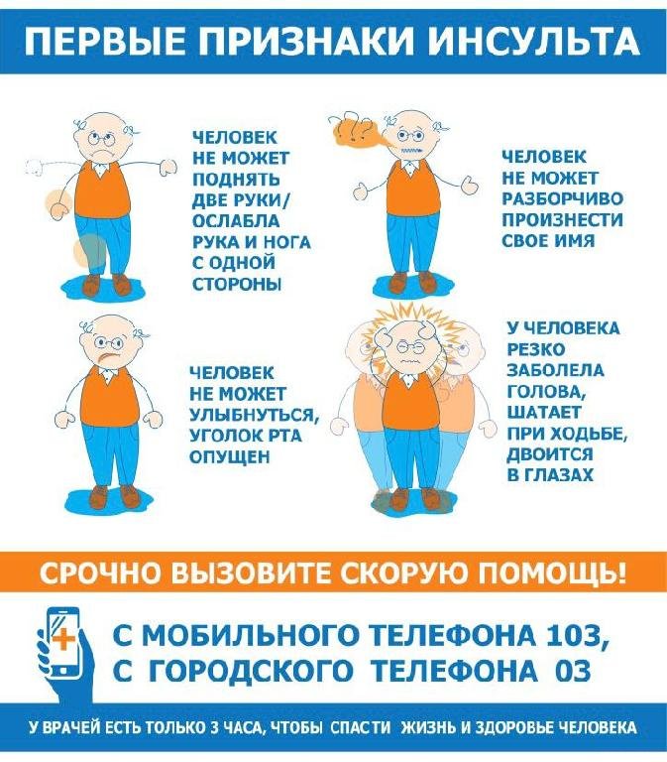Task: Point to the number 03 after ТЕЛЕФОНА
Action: click(572, 672)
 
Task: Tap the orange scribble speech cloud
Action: click(356, 132)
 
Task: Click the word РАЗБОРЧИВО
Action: click(562, 198)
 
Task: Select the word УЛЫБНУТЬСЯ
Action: click(254, 415)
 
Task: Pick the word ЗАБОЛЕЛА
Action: click(555, 370)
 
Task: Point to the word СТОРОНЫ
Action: click(237, 284)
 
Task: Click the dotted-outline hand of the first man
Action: click(35, 167)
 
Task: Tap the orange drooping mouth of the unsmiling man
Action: click(107, 358)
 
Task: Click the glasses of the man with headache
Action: click(410, 347)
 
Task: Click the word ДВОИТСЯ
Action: click(550, 453)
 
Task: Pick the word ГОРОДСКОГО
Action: click(251, 671)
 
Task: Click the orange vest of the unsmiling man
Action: click(110, 395)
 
